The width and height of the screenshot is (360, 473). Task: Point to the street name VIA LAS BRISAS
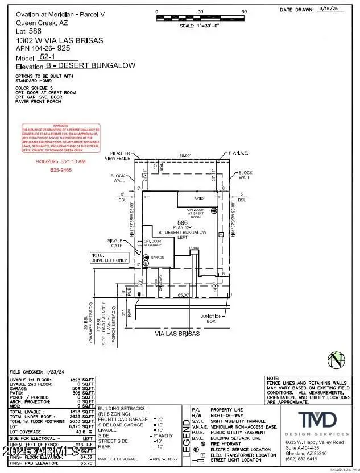click(x=177, y=334)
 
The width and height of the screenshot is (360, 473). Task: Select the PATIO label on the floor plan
click(x=198, y=199)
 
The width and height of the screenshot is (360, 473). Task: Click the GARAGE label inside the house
click(x=158, y=258)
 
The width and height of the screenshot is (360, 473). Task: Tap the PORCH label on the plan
click(x=195, y=248)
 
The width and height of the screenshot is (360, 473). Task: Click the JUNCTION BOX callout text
click(x=211, y=318)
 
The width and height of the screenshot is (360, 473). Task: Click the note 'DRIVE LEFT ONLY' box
click(x=110, y=258)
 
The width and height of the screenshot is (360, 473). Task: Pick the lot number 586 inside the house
click(x=183, y=222)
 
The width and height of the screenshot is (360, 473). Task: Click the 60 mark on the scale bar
click(x=244, y=11)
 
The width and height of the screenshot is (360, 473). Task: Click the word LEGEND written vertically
click(x=185, y=435)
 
